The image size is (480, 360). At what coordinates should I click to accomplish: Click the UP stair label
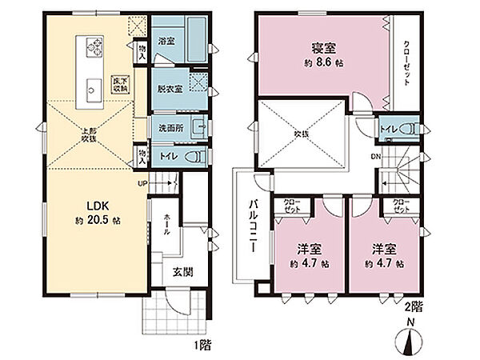click(144, 183)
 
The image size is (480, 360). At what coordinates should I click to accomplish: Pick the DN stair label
click(374, 157)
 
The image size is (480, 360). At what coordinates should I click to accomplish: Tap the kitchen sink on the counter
click(89, 87)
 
